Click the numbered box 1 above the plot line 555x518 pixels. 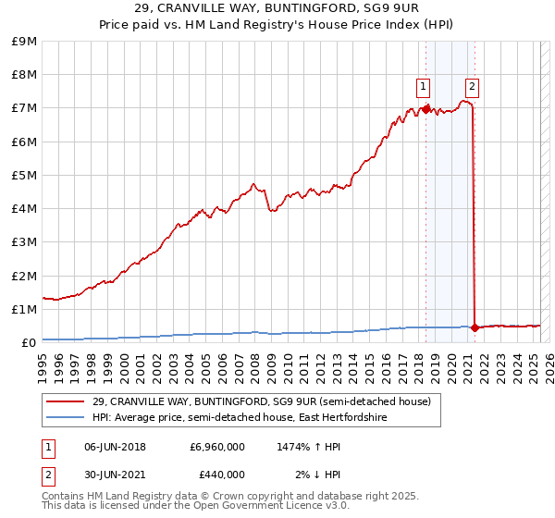[423, 87]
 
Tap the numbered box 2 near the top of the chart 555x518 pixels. [472, 87]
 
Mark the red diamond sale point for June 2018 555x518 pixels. [425, 109]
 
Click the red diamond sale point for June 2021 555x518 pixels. [475, 327]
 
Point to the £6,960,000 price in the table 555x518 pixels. [217, 447]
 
